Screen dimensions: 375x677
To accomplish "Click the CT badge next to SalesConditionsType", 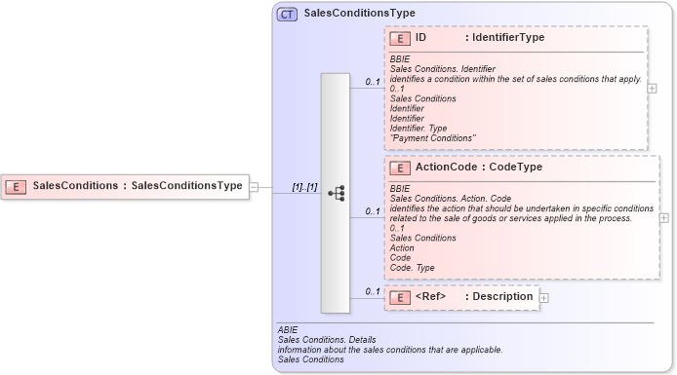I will pos(287,14).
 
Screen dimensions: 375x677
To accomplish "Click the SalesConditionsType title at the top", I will pos(360,14).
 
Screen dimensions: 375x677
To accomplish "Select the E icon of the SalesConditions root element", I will pos(16,185).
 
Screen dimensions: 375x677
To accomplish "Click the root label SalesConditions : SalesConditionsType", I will pos(137,185).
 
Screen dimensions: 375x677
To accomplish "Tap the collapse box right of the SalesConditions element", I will pos(254,186).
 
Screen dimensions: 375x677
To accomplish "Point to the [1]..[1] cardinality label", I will pos(304,186).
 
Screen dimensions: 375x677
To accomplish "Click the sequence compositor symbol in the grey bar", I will pos(336,193).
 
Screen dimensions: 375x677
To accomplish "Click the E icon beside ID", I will pos(399,38).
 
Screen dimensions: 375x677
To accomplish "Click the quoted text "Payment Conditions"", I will pos(432,137).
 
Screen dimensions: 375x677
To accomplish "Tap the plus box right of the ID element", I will pos(652,88).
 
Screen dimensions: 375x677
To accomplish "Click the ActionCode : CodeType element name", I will pos(478,168).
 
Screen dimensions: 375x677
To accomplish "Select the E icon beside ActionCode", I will pos(399,168).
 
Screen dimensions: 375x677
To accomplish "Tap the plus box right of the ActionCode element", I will pos(664,217).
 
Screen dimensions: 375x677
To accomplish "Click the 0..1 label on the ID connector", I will pos(372,82).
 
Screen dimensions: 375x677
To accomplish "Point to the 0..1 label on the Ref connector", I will pos(372,291).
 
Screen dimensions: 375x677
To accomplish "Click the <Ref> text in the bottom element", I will pos(430,296).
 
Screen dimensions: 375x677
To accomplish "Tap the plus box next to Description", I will pos(544,297).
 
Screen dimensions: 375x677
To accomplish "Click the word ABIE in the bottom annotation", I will pos(288,330).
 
